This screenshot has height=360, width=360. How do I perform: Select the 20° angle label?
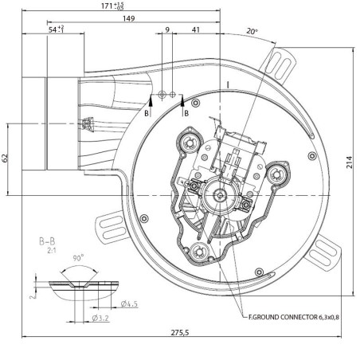252,33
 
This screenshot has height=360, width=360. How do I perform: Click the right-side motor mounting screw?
278,172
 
